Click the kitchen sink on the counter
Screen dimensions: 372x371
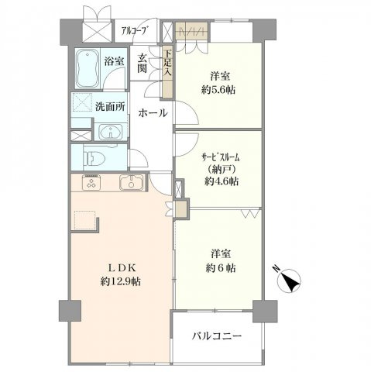coord(131,184)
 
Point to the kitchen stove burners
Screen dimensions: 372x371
coord(91,184)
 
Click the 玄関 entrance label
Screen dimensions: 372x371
coord(144,62)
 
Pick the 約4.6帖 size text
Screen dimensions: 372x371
coord(222,181)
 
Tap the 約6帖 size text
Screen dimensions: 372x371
coord(222,268)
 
